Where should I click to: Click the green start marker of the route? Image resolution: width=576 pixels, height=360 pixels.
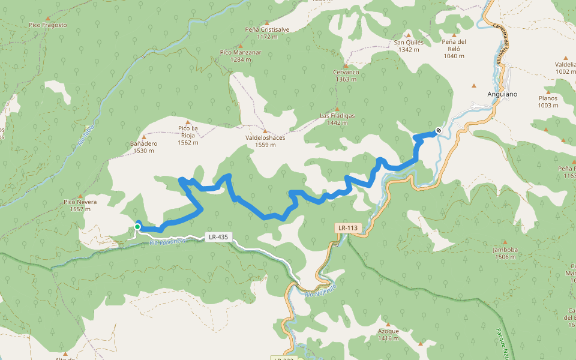pos(137,226)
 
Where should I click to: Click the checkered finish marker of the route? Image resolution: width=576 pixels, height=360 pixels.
pos(439,130)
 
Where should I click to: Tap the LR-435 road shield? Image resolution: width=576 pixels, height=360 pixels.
pos(218,237)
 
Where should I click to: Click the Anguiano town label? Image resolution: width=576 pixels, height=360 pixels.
pos(501,95)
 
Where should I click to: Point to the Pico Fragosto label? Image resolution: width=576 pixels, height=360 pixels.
pos(47,25)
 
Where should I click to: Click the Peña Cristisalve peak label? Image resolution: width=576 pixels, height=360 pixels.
pos(267,33)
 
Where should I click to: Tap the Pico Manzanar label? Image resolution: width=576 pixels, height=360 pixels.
pos(241,56)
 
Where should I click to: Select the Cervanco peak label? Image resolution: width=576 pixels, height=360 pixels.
pos(346,76)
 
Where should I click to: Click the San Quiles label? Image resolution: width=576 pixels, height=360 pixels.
pos(409,46)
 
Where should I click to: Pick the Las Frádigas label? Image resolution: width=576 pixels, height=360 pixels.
pos(337,119)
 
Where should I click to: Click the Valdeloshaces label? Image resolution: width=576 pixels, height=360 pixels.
pos(265,140)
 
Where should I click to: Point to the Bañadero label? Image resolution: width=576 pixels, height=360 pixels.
pos(143,147)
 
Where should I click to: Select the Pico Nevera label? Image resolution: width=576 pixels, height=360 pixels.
pos(80,206)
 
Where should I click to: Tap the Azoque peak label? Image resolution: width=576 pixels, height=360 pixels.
pos(388,334)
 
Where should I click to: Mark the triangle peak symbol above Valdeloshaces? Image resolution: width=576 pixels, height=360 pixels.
pos(265,130)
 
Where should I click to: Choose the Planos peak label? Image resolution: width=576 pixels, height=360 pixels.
pos(548,101)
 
